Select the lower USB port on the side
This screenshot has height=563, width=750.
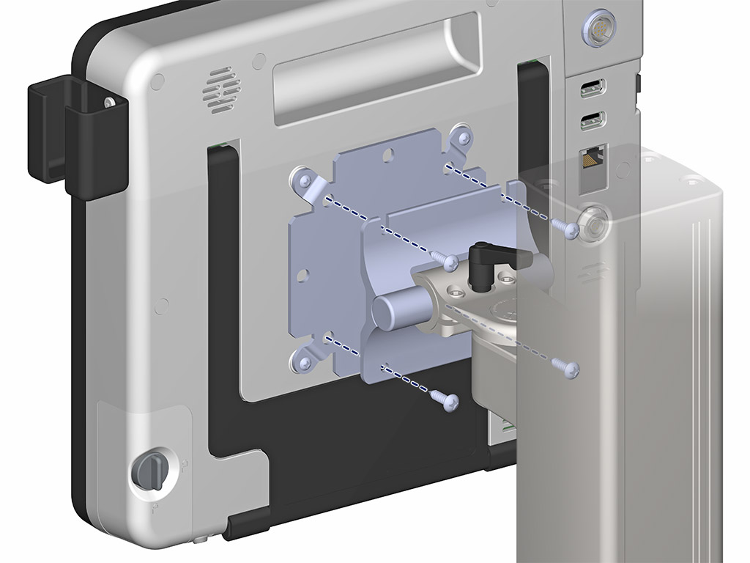pyautogui.click(x=592, y=119)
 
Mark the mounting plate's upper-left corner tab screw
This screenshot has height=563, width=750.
pyautogui.click(x=302, y=178)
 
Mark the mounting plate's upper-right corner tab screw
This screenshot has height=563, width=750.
pyautogui.click(x=461, y=136)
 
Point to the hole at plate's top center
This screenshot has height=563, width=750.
pyautogui.click(x=390, y=155)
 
